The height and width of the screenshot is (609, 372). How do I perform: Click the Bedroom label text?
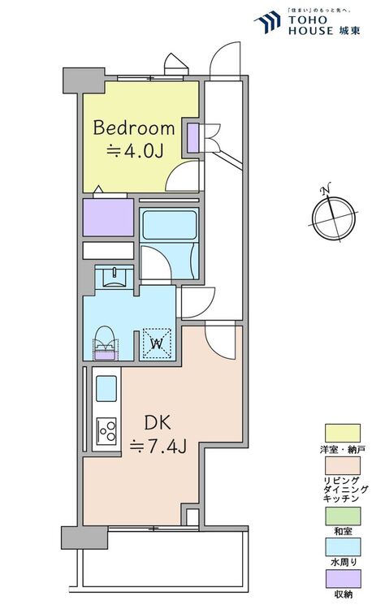[133, 127]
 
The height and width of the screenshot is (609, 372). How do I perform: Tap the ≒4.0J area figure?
[135, 151]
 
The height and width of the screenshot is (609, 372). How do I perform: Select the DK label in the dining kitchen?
[158, 422]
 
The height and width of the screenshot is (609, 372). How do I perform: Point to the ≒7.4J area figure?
[158, 447]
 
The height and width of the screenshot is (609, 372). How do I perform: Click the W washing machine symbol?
[157, 343]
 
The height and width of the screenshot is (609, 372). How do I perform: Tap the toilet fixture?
[105, 343]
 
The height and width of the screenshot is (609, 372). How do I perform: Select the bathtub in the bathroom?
[169, 225]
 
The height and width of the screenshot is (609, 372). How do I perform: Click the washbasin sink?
[115, 277]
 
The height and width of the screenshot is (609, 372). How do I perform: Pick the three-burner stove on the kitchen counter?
[106, 430]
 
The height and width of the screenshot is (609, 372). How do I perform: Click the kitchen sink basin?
[106, 388]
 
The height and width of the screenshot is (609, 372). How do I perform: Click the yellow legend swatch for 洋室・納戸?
[343, 434]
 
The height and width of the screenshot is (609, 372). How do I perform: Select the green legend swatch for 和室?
[343, 516]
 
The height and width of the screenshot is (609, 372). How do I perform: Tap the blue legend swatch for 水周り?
[343, 547]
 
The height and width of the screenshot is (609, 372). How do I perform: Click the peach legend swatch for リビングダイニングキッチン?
[343, 466]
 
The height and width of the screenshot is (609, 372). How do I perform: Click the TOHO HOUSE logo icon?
[267, 22]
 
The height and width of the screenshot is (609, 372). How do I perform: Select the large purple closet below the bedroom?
[108, 218]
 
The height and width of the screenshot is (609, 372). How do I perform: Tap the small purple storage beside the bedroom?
[193, 138]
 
